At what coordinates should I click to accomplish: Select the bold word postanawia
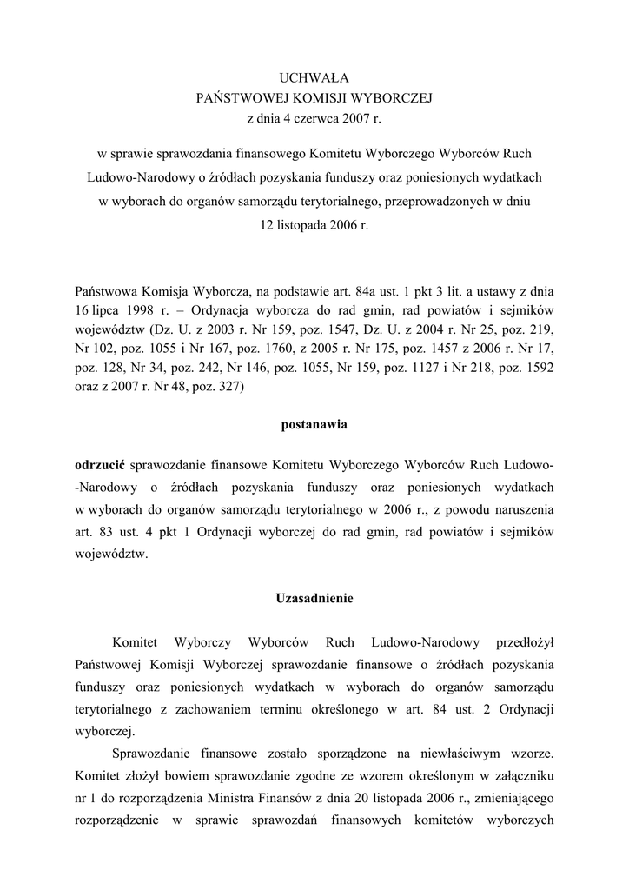pyautogui.click(x=314, y=426)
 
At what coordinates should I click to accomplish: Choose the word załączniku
pyautogui.click(x=520, y=774)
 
